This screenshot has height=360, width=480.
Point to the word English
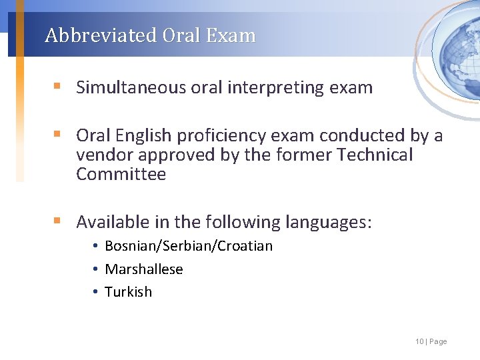tap(144, 136)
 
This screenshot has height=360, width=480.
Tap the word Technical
tap(375, 155)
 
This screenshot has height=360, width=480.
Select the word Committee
tap(121, 175)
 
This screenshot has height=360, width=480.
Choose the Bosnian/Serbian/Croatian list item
tap(189, 246)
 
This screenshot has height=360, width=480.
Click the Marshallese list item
tap(143, 269)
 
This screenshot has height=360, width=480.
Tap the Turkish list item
tap(128, 292)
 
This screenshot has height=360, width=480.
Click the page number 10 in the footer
tap(419, 341)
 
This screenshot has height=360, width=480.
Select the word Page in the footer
tap(438, 341)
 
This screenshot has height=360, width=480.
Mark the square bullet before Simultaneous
tap(58, 87)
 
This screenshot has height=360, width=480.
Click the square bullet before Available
tap(58, 221)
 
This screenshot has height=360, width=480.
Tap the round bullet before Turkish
tap(96, 292)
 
